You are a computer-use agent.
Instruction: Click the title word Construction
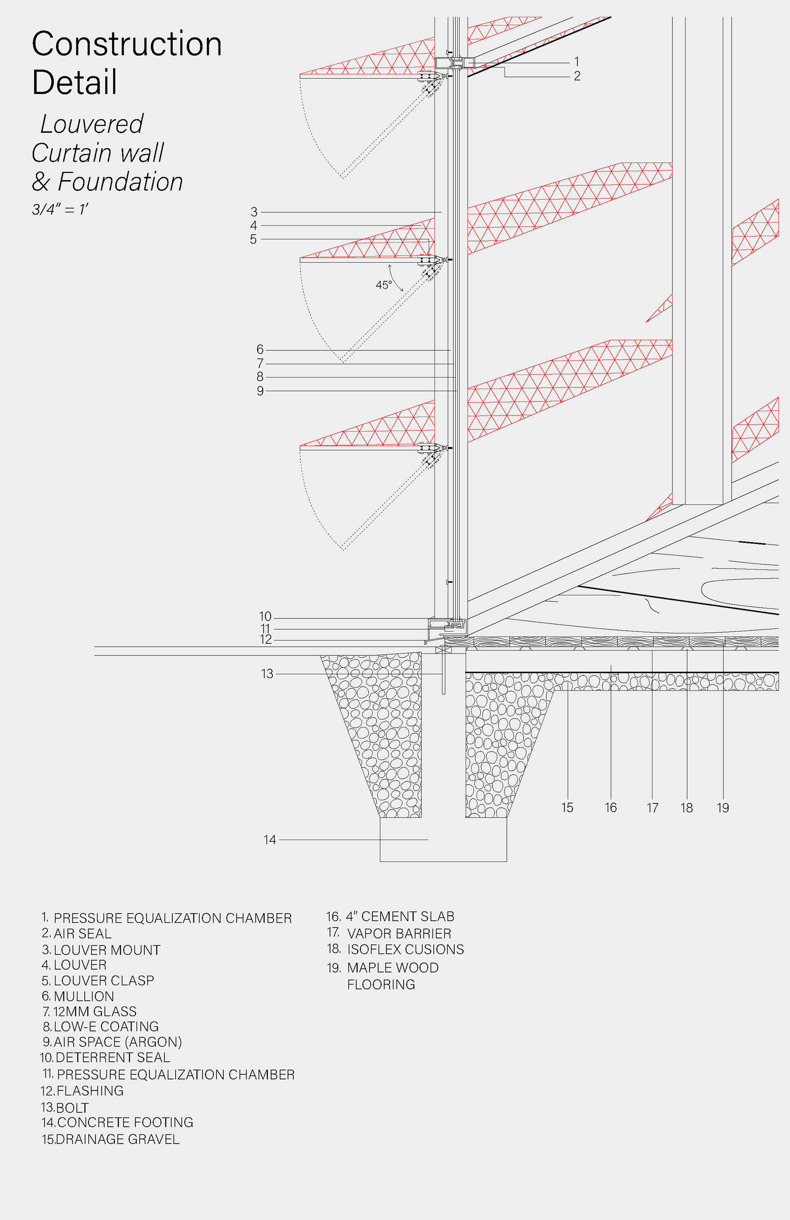pos(127,44)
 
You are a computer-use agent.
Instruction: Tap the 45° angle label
pos(383,285)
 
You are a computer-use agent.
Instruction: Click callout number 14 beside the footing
pos(270,840)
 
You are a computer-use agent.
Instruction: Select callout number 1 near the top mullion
pos(576,62)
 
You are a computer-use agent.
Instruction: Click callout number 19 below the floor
pos(723,808)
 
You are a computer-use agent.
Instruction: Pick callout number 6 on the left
pos(260,350)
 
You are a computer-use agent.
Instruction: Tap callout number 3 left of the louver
pos(254,212)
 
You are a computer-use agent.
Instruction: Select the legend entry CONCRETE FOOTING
pos(125,1122)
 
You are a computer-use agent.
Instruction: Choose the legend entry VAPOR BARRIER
pos(399,933)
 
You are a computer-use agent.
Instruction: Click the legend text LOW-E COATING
pos(106,1026)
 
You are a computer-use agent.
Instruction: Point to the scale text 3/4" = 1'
pos(60,209)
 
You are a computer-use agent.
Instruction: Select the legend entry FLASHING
pos(90,1090)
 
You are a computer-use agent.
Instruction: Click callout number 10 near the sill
pos(265,616)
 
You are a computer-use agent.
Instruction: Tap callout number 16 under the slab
pos(611,808)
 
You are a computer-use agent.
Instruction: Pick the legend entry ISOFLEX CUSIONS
pos(405,949)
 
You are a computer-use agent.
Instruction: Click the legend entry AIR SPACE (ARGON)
pos(118,1042)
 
